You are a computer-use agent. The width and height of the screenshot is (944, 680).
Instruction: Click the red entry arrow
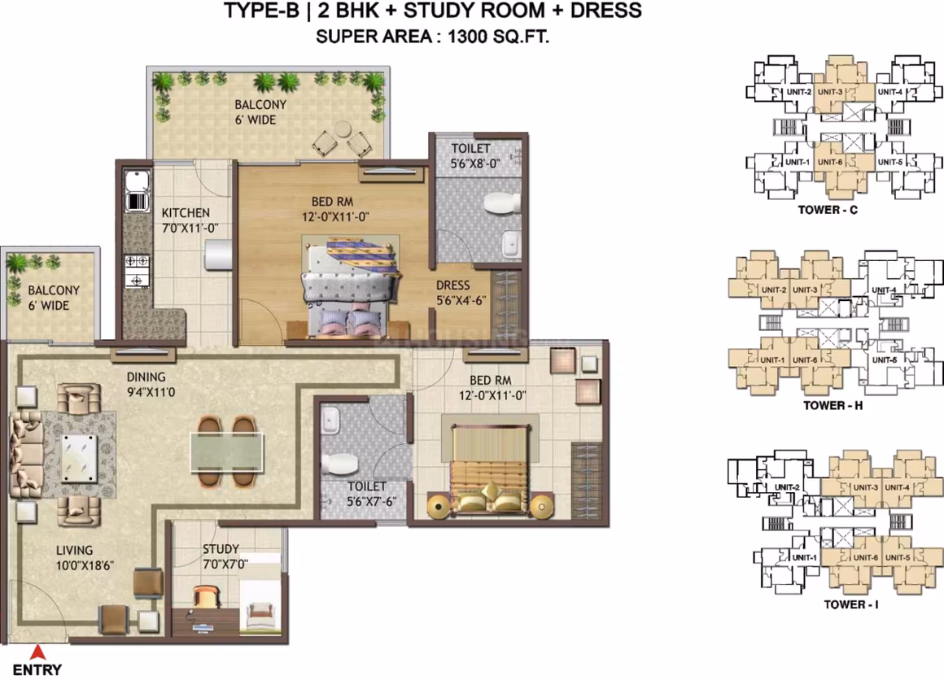click(38, 652)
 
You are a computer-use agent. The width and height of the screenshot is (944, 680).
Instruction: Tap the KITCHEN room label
click(186, 213)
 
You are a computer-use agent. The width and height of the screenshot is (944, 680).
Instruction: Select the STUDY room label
click(221, 549)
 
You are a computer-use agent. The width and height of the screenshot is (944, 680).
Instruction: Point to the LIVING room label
click(75, 550)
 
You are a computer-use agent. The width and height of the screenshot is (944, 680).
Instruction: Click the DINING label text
click(146, 377)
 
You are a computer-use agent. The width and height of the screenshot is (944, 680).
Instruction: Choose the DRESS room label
click(452, 286)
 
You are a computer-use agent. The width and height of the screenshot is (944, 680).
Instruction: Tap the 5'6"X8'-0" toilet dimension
click(475, 163)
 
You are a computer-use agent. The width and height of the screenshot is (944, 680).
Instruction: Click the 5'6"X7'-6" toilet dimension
click(371, 501)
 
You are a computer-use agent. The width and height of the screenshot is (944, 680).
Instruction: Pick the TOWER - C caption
click(828, 210)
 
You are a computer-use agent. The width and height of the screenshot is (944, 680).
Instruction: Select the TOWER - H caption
click(833, 406)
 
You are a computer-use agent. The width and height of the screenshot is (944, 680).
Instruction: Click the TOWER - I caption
click(850, 604)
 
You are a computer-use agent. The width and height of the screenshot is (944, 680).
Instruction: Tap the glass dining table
click(227, 452)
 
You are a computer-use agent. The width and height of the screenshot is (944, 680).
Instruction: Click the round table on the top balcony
click(343, 129)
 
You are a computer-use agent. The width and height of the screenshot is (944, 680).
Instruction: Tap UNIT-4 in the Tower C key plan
click(889, 92)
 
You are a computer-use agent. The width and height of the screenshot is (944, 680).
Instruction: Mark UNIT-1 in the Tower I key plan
click(804, 558)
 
